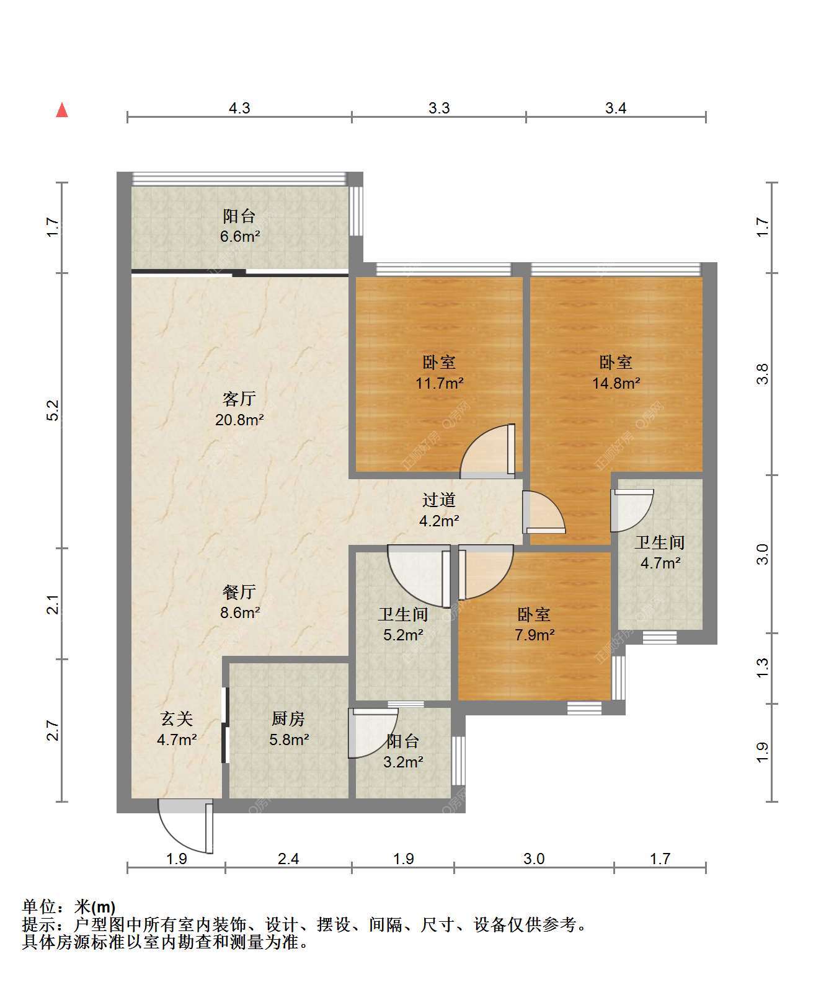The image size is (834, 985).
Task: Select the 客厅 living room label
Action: [239, 399]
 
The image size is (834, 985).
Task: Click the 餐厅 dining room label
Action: [239, 592]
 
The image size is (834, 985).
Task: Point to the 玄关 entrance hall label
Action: [177, 719]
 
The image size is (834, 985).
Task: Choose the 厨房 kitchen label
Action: [289, 719]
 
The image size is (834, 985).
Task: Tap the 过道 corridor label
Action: [439, 500]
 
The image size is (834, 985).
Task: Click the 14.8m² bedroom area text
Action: [616, 383]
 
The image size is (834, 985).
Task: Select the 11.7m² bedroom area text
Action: [440, 383]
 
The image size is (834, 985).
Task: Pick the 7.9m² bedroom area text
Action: [535, 635]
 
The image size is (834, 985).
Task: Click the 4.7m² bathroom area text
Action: [660, 563]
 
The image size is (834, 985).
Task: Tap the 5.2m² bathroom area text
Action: [403, 635]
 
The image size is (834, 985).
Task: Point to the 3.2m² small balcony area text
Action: [403, 762]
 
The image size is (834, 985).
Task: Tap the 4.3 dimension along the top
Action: [239, 108]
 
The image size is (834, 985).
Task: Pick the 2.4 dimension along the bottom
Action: [289, 859]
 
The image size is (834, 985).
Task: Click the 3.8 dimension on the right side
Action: [763, 374]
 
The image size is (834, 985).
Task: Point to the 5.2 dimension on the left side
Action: [55, 410]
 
